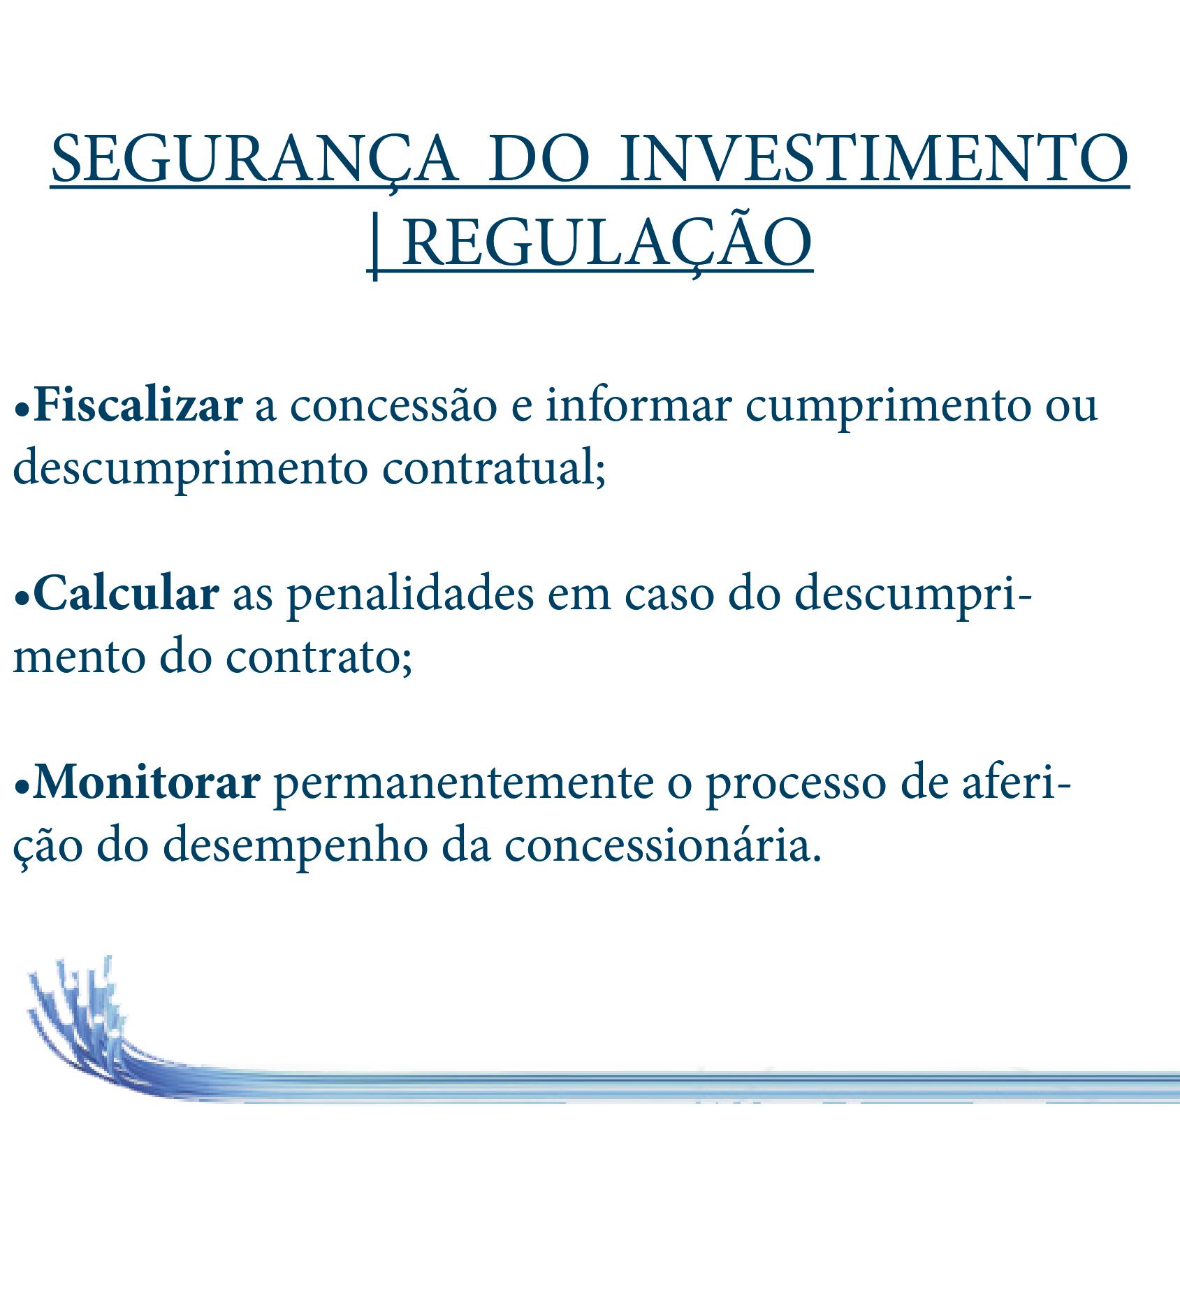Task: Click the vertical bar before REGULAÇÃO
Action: tap(375, 246)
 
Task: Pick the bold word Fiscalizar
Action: tap(138, 406)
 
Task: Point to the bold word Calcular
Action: tap(126, 595)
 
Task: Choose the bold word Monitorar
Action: tap(147, 784)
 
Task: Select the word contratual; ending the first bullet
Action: tap(493, 469)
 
